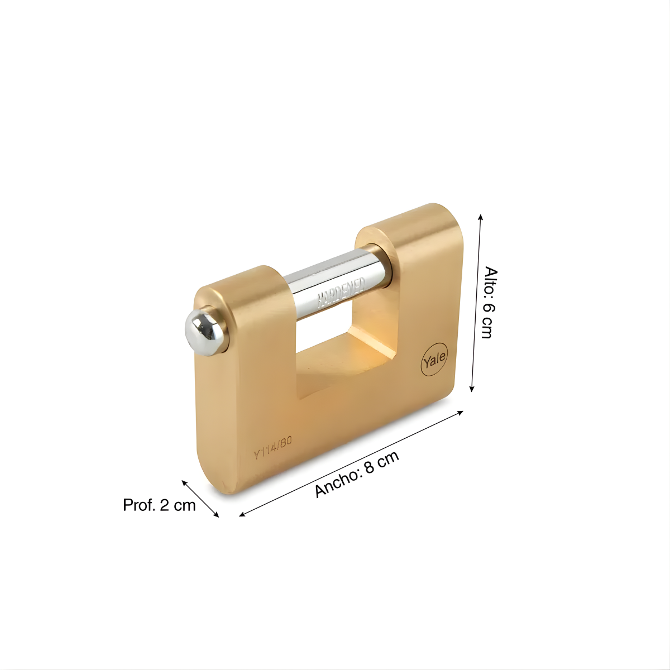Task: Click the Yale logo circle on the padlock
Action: (434, 360)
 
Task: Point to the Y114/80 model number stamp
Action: (272, 448)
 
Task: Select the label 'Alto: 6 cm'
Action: (491, 303)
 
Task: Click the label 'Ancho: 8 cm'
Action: (357, 474)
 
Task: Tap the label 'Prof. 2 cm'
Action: (159, 505)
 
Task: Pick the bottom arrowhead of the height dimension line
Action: (472, 389)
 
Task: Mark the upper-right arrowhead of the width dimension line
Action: (461, 412)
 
